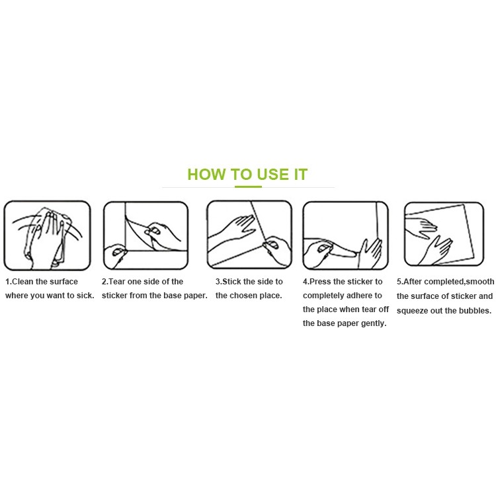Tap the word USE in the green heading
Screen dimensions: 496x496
coord(272,175)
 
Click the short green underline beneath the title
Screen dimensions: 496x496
coord(248,186)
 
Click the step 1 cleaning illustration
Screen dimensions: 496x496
coord(47,235)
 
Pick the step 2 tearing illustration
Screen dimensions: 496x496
coord(146,235)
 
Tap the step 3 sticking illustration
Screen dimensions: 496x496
coord(249,235)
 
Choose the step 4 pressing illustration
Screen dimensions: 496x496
coord(345,235)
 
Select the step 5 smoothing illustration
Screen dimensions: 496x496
coord(444,234)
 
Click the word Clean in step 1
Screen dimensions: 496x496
coord(22,282)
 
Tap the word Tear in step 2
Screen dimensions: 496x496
coord(117,282)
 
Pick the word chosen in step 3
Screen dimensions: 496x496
coord(249,296)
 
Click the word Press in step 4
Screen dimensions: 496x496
coord(320,282)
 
